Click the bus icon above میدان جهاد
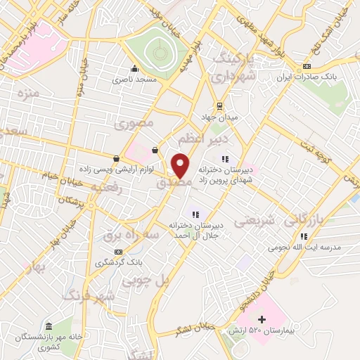(220, 107)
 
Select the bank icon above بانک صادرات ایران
(305, 67)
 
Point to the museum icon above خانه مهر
(48, 327)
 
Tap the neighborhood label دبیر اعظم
(200, 139)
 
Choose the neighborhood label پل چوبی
(147, 280)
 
